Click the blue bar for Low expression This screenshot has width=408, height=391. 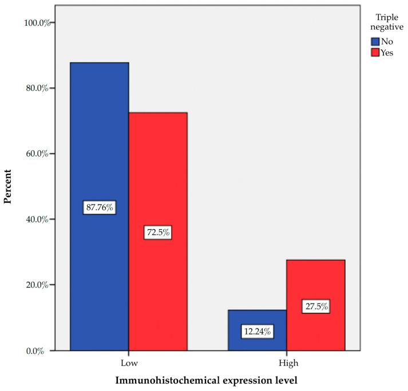click(x=99, y=143)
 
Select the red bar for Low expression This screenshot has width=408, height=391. click(x=158, y=171)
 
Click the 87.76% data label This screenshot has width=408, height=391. click(x=100, y=208)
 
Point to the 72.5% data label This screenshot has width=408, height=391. click(x=157, y=233)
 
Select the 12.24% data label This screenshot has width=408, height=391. click(x=257, y=331)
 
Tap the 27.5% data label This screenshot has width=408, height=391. click(x=315, y=306)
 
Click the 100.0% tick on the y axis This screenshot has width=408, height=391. click(x=35, y=23)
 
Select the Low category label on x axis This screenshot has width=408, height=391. click(x=128, y=362)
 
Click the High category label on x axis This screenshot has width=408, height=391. click(x=286, y=362)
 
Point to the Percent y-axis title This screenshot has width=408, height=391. click(x=8, y=186)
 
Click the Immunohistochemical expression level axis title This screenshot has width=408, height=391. click(x=207, y=380)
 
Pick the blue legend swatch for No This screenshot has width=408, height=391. click(x=375, y=41)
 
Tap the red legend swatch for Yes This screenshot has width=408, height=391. click(x=375, y=53)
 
